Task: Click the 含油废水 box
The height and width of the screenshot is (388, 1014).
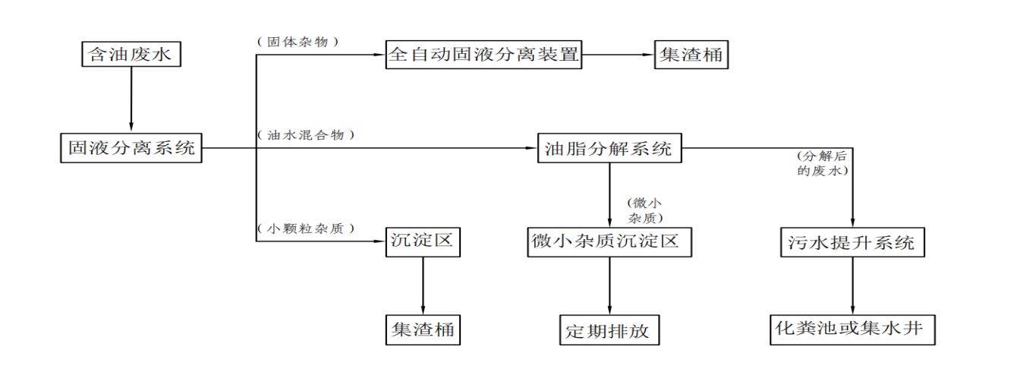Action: point(131,55)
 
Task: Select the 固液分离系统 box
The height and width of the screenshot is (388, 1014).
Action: point(131,148)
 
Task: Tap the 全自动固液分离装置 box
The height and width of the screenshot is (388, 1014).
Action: point(483,55)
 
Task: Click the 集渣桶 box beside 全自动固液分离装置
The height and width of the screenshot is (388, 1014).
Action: point(691,55)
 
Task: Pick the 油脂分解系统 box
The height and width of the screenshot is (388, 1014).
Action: point(609,148)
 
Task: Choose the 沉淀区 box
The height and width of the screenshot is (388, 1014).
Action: point(422,242)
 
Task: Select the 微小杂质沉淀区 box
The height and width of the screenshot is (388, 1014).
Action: point(609,242)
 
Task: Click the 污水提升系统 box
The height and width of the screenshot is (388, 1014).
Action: point(852,243)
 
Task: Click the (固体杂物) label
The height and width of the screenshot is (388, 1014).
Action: point(298,43)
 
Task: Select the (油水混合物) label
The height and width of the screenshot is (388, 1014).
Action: point(305,135)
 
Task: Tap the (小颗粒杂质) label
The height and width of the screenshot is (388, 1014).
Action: point(305,229)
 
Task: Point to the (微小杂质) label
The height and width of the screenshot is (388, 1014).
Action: point(646,210)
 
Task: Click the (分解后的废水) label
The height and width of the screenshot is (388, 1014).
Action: point(821,164)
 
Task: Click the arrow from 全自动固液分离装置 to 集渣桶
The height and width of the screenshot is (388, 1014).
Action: point(618,55)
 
